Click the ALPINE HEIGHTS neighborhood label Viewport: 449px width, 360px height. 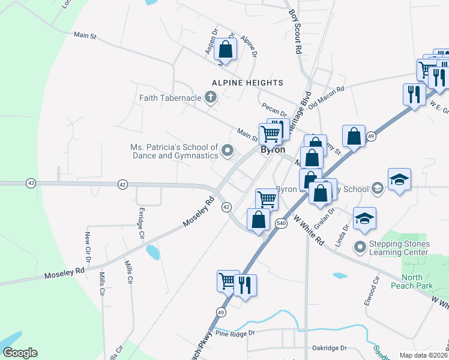click(x=247, y=82)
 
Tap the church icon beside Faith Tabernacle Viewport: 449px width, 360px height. click(x=210, y=97)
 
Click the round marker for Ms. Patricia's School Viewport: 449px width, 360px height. click(x=227, y=151)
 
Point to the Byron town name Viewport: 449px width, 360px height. click(x=272, y=150)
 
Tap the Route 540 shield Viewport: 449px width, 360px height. click(x=281, y=223)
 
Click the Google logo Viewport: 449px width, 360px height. click(x=20, y=352)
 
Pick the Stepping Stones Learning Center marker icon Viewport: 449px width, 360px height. click(x=360, y=247)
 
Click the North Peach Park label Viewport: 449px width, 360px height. click(x=412, y=281)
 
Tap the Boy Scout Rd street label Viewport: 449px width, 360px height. click(x=295, y=31)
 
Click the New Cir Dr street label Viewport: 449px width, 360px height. click(x=88, y=250)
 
